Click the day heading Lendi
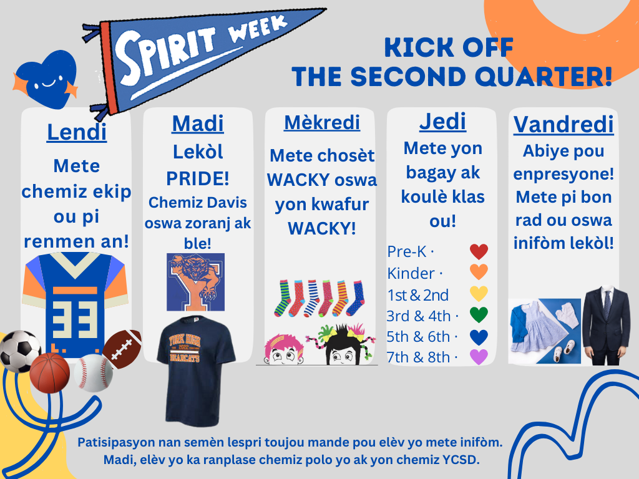(77, 132)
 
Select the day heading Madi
(198, 123)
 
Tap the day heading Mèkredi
(322, 123)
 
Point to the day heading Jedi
(442, 122)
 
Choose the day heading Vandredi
(563, 125)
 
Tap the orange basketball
(50, 373)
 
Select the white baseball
(93, 373)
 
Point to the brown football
(122, 349)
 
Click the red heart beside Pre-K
(479, 252)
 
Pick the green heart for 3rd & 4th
(479, 315)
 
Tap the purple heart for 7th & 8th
(479, 357)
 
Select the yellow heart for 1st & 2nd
(479, 294)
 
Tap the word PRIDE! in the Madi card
(198, 178)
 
